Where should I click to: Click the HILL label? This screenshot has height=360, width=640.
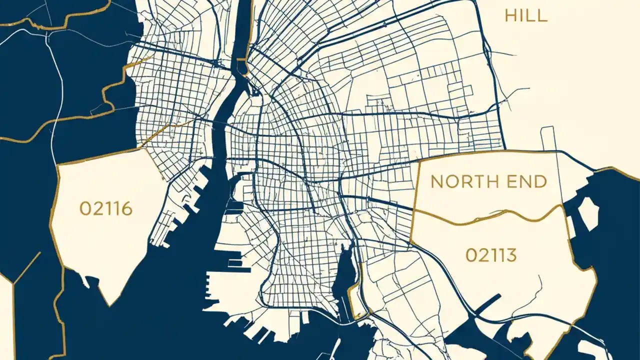tap(526, 15)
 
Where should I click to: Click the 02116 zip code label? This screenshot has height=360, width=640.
tap(106, 208)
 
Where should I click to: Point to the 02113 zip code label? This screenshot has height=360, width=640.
tap(491, 255)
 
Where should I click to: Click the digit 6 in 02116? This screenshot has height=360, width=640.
tap(127, 208)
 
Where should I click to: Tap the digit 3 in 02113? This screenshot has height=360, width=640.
tap(511, 255)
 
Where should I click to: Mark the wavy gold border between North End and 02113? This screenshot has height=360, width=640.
tap(500, 216)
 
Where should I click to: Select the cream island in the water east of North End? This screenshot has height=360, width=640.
tap(588, 212)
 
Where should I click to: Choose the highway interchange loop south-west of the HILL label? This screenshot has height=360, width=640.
tap(487, 50)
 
